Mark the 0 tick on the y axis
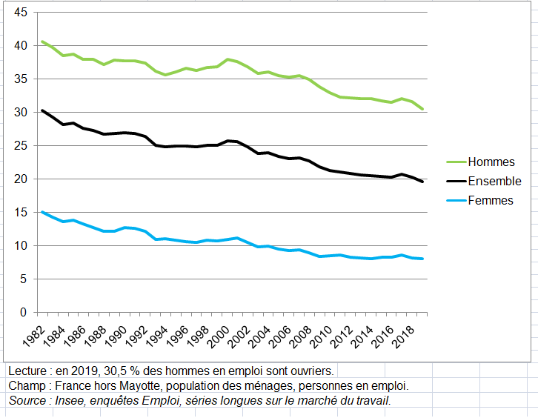[x=24, y=313]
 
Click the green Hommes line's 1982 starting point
[x=42, y=42]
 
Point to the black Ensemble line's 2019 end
[x=422, y=182]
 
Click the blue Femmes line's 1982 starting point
[x=42, y=212]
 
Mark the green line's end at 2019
[x=422, y=109]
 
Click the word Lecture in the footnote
[x=29, y=370]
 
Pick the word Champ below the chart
[x=26, y=385]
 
